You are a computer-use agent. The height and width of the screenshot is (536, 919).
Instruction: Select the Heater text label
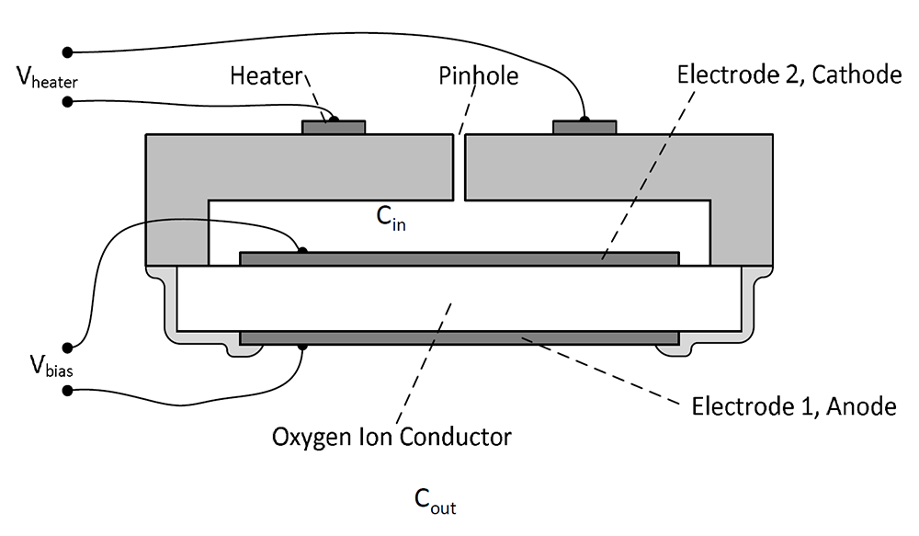coord(266,75)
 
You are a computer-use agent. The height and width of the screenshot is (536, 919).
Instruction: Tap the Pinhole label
coord(477,75)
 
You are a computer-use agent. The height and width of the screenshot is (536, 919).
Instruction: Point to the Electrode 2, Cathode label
coord(789,74)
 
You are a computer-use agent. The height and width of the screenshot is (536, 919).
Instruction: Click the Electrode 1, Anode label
coord(793,405)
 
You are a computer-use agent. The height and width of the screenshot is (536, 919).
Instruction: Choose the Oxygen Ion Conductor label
coord(391,436)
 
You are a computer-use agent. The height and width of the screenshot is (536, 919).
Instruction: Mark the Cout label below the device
coord(435,500)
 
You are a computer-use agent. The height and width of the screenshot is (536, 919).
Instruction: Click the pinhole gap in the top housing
coord(460,165)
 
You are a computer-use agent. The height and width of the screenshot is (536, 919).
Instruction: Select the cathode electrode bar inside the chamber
coord(459,258)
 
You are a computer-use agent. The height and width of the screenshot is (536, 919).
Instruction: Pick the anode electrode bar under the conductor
coord(459,339)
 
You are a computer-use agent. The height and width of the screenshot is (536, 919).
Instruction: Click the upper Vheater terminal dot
coord(67,51)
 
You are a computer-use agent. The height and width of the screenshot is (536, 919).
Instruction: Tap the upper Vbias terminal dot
coord(67,346)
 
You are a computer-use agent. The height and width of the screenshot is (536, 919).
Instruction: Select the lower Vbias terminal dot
coord(67,392)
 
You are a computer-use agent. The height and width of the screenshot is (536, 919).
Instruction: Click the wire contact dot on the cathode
coord(302,250)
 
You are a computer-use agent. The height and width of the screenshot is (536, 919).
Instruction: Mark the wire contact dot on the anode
coord(302,347)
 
